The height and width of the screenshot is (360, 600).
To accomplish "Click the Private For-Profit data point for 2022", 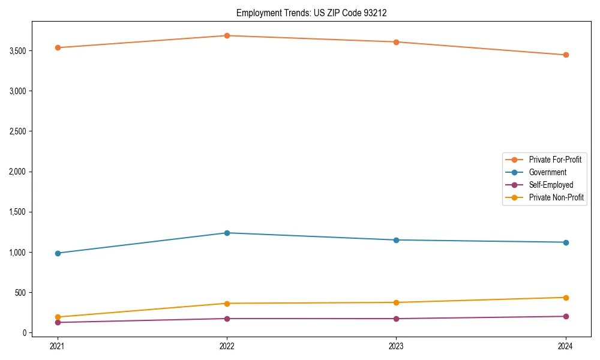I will point(227,35).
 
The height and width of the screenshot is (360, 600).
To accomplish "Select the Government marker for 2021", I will point(58,253).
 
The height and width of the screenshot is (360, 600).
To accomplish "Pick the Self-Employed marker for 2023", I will point(396,319).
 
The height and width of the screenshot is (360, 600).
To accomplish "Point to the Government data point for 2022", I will point(227,233).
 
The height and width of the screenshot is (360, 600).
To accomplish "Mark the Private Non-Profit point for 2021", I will point(58,317).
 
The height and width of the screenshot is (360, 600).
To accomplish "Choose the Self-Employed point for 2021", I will point(58,322).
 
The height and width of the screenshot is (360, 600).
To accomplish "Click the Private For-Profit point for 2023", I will point(396,42).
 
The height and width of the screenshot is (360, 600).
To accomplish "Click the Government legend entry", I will point(547,172).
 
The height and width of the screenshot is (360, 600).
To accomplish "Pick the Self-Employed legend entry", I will point(551,185).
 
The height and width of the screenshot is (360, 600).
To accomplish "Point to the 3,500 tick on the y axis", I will point(17,51).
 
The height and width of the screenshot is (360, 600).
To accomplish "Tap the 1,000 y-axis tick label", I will point(17,253).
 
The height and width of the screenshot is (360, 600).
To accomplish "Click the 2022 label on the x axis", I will point(227,346).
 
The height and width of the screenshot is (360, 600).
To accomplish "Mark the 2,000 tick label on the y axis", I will point(17,172).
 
